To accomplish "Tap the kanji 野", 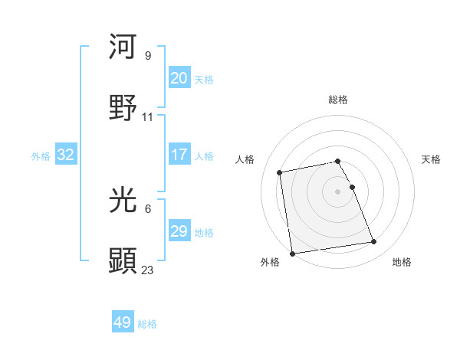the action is [123, 107].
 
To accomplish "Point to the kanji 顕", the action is [123, 260].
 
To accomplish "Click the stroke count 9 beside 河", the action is [147, 56].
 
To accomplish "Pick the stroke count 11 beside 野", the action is [148, 117].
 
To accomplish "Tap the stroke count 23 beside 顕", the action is [148, 270].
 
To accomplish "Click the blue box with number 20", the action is [179, 78].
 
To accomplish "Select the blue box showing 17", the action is [179, 155].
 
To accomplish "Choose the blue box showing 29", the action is [179, 231].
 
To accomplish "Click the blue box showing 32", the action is [66, 155].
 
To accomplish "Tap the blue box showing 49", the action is [123, 322].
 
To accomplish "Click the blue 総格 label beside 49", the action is [147, 324].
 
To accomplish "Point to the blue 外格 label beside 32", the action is [41, 156].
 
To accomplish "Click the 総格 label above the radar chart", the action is [338, 100].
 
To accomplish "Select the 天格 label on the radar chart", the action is [431, 159].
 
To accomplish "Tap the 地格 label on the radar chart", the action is [402, 262].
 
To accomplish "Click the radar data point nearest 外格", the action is [292, 254].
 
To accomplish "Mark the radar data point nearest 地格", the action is [374, 243].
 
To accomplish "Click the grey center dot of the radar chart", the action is [338, 191].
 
